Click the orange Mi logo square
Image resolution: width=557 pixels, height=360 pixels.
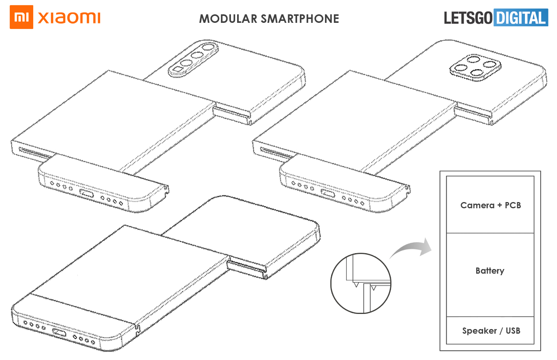click(21, 17)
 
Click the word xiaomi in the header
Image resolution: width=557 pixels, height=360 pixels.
click(69, 17)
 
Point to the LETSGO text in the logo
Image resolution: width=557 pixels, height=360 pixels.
click(468, 18)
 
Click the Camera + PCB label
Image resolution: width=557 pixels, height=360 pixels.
click(490, 205)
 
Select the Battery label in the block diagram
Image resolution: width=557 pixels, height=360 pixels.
click(490, 271)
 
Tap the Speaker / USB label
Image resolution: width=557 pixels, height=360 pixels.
click(491, 331)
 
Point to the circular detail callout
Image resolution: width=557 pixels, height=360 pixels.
click(361, 283)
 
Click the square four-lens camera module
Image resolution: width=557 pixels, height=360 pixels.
click(475, 67)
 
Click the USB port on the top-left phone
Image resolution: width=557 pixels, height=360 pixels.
click(86, 193)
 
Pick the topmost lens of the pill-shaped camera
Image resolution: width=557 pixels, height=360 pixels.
click(209, 48)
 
